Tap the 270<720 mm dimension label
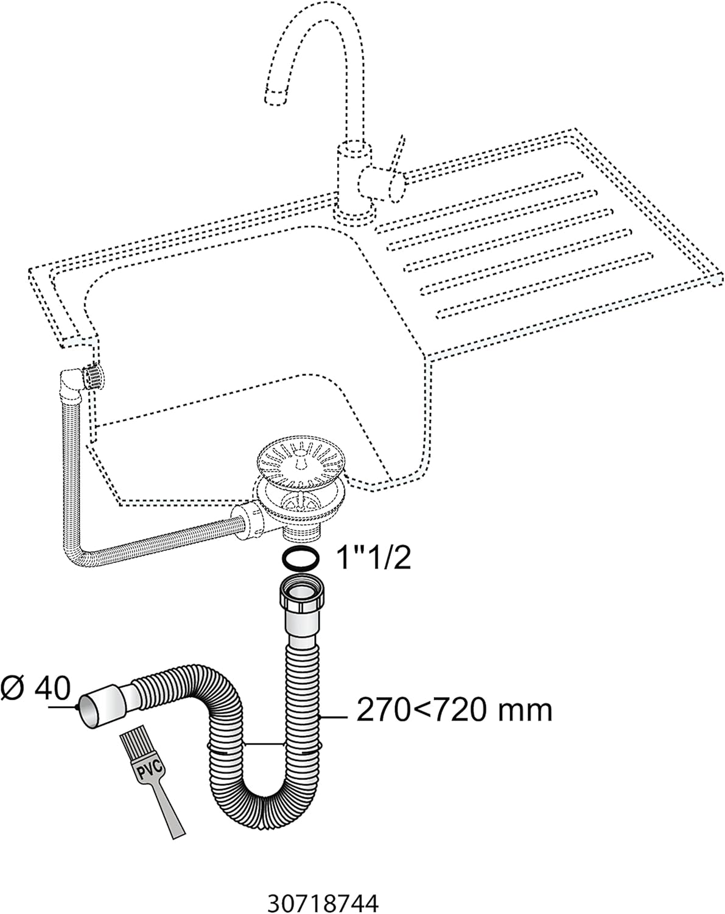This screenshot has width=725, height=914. [x=454, y=710]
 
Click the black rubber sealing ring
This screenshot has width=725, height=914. [x=299, y=558]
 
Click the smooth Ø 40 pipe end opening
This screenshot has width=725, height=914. [x=89, y=709]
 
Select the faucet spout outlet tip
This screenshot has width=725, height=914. [x=275, y=96]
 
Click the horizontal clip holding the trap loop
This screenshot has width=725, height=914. [x=265, y=744]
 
